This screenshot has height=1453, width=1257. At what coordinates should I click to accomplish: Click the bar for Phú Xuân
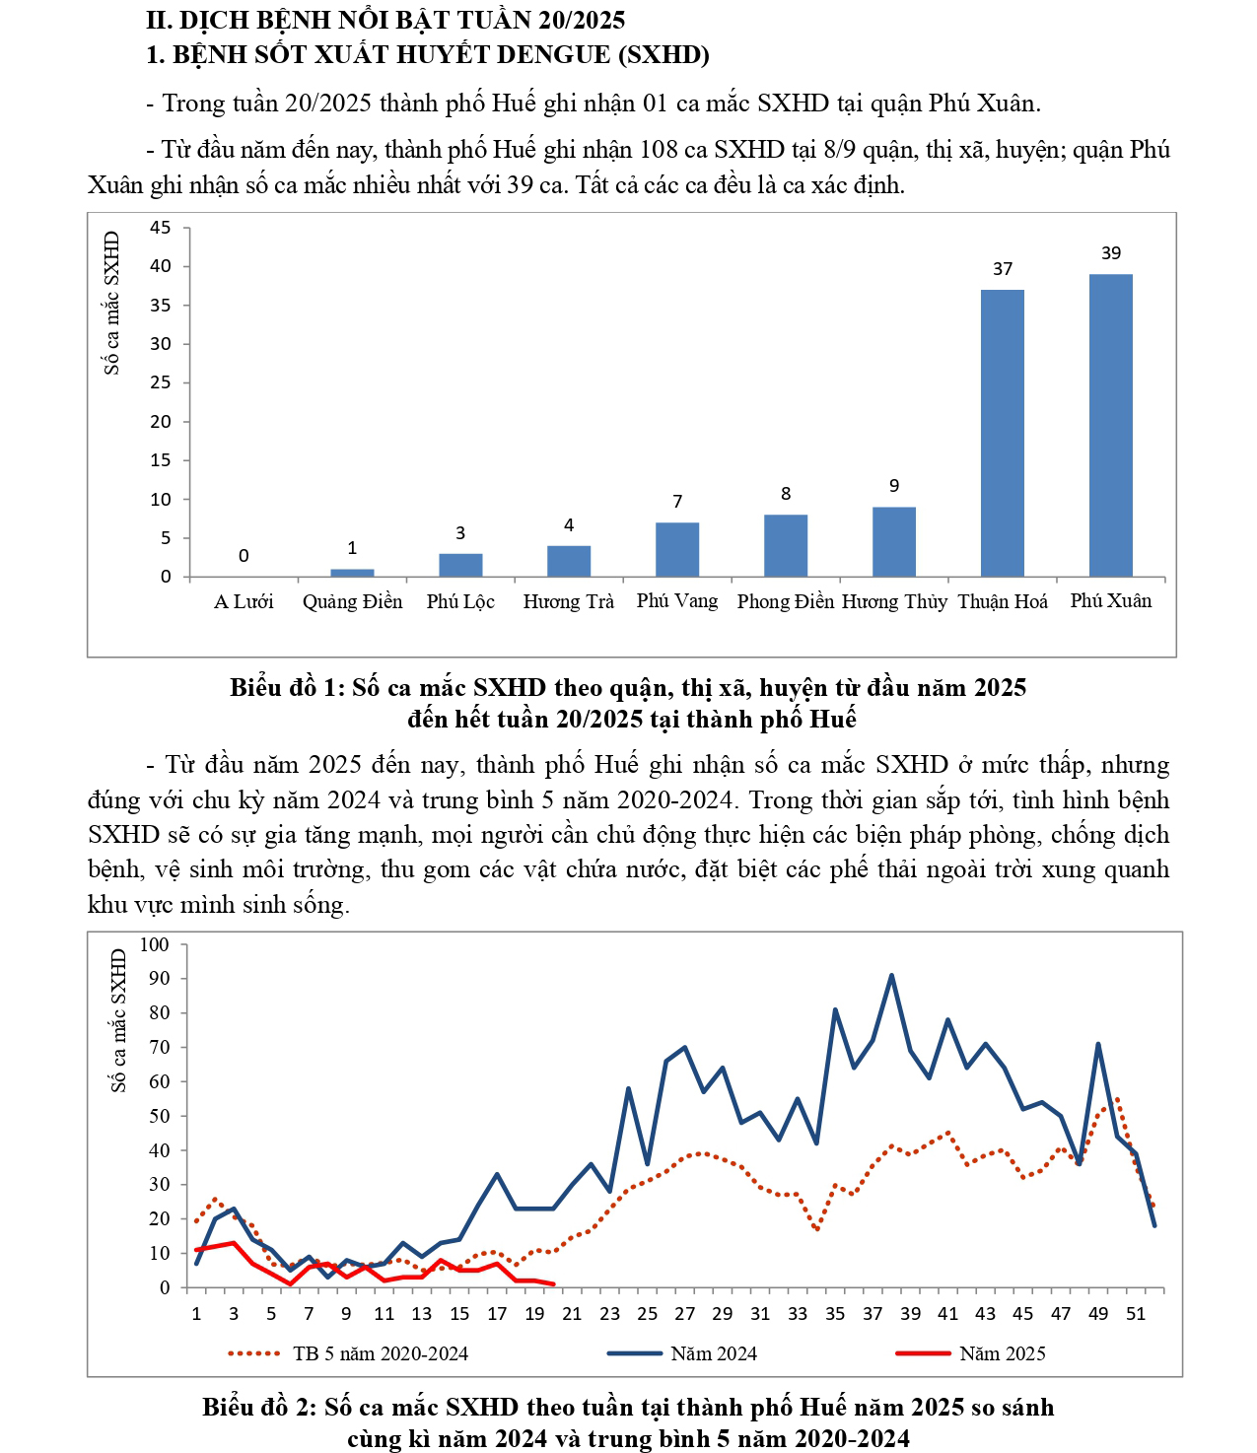point(1110,425)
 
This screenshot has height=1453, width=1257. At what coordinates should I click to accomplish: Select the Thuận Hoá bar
point(1002,433)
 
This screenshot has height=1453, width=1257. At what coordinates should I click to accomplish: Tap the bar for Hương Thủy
point(893,541)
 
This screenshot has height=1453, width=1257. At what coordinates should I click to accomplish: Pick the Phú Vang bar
point(677,549)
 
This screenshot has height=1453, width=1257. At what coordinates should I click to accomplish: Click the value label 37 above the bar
point(1002,269)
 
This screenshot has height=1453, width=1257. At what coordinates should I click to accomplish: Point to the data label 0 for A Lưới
point(244,556)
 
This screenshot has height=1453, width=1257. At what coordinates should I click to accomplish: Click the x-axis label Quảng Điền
point(352,601)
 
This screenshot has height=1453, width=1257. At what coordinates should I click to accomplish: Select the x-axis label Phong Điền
point(785,601)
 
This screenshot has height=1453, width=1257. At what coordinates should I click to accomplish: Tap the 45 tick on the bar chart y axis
point(161,228)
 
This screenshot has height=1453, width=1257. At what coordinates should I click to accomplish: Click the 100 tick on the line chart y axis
point(155,944)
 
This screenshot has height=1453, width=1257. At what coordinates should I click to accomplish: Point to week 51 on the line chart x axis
point(1136,1313)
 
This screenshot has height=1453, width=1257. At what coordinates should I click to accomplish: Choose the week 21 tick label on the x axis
point(573,1313)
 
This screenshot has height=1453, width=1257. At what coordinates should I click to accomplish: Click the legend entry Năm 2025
point(1002,1353)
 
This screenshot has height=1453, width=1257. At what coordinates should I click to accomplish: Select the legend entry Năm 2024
point(714,1353)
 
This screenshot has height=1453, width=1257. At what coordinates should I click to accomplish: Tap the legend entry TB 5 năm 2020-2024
point(380,1353)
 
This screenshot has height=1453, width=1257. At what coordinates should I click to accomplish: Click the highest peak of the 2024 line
point(891,975)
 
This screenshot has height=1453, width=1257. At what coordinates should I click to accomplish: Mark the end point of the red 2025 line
point(554,1284)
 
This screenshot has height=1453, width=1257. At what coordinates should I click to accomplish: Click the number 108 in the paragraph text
point(659,150)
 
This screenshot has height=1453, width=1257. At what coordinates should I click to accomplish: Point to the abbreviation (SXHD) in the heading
point(663,54)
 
